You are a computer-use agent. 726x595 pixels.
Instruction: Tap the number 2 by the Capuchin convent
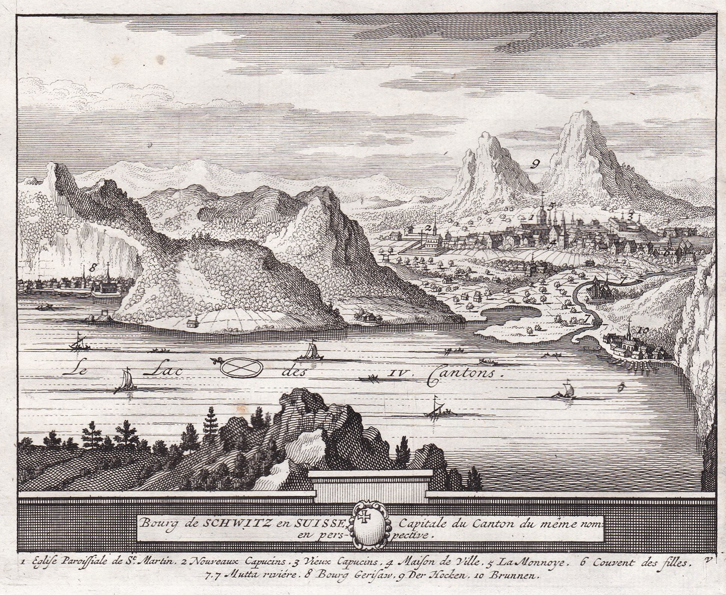coord(428,227)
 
